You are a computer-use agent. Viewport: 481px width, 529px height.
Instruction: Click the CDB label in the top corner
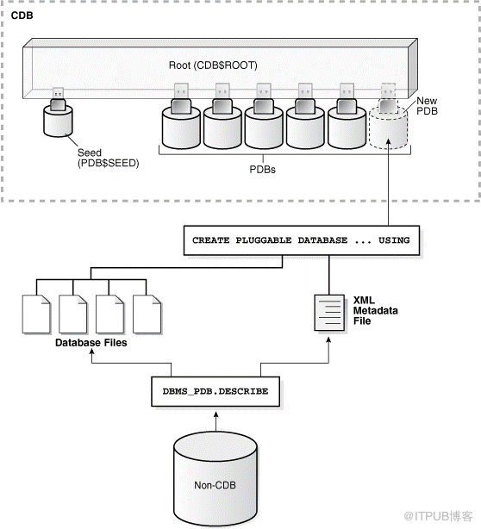(22, 16)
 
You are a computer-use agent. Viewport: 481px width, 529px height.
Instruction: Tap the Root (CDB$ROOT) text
(213, 65)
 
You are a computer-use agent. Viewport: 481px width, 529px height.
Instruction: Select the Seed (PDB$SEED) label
(108, 158)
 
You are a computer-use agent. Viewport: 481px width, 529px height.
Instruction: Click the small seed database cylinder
(58, 121)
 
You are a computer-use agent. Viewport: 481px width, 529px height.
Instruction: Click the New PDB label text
(427, 106)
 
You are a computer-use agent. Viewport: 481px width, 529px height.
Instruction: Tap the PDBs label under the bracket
(262, 170)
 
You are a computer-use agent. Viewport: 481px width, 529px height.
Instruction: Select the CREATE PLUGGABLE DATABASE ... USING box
(302, 240)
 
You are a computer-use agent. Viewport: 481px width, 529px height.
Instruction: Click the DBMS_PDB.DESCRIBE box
(216, 391)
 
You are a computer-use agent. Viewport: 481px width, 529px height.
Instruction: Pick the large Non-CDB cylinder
(216, 480)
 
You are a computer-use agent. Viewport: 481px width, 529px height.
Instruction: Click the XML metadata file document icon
(329, 313)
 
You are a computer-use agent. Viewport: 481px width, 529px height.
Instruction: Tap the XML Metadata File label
(375, 310)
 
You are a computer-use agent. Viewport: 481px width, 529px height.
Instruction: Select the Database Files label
(91, 343)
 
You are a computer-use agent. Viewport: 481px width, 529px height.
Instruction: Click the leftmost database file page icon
(36, 314)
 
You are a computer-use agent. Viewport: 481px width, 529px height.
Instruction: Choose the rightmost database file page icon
(147, 314)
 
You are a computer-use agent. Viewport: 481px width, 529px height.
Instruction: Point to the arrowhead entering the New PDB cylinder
(388, 141)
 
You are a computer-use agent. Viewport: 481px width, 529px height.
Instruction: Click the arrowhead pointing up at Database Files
(91, 352)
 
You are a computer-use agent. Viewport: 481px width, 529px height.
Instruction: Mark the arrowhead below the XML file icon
(328, 340)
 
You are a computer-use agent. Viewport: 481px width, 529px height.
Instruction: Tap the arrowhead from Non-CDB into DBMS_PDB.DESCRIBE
(216, 414)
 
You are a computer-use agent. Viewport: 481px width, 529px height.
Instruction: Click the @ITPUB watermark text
(438, 516)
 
